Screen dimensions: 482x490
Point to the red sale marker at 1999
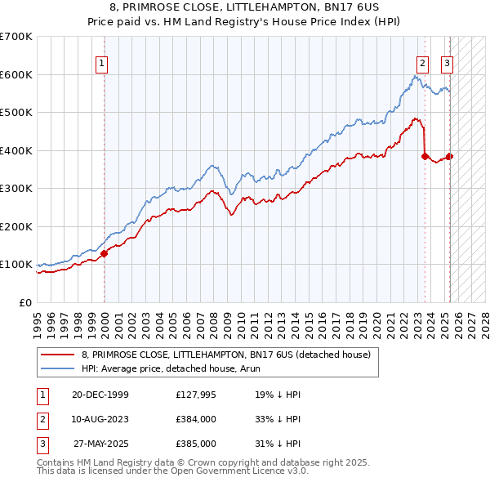point(105,254)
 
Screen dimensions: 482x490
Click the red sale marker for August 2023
point(425,157)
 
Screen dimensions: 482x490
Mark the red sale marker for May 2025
point(449,156)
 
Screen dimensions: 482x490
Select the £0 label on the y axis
point(26,302)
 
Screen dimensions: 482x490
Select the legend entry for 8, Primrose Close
point(226,355)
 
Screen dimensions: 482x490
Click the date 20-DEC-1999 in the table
point(100,395)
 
